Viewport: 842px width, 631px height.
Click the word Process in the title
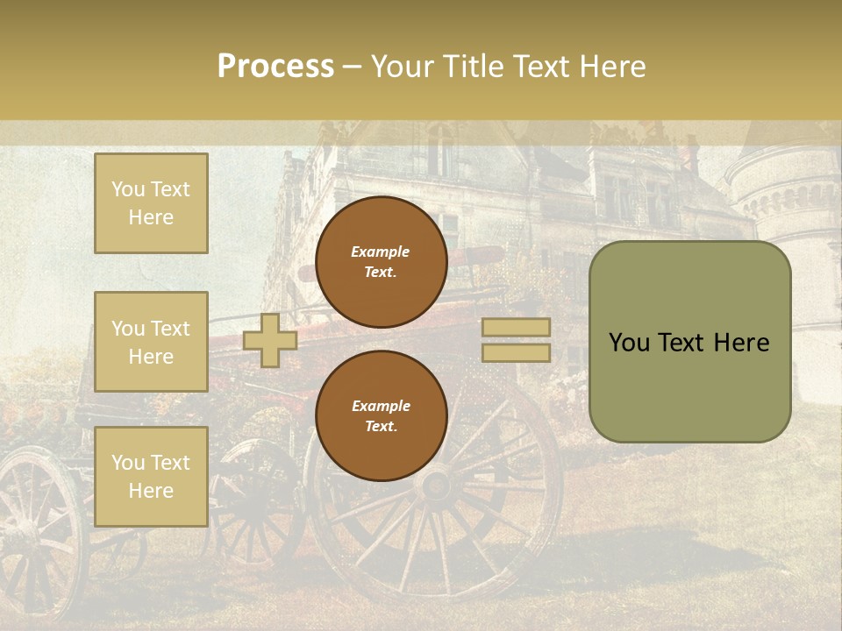275,67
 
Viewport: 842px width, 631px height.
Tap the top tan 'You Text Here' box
151,203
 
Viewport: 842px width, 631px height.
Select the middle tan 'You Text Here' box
151,342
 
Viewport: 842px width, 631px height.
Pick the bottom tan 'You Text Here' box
151,477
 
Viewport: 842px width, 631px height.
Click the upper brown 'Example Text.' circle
381,261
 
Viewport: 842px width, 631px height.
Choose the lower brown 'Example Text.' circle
381,415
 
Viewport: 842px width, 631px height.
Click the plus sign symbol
270,341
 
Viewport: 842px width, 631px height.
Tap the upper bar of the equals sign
516,328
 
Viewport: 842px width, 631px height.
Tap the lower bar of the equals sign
516,352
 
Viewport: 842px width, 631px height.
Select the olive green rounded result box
689,342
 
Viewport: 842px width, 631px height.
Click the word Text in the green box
681,343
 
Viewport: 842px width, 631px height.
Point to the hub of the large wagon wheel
436,483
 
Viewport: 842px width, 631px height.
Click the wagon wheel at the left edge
35,526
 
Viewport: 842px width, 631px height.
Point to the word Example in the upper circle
381,252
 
